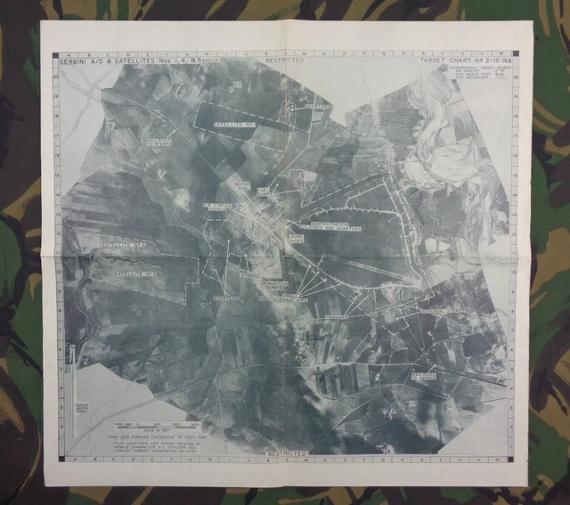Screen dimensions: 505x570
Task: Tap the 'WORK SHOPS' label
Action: [294, 236]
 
